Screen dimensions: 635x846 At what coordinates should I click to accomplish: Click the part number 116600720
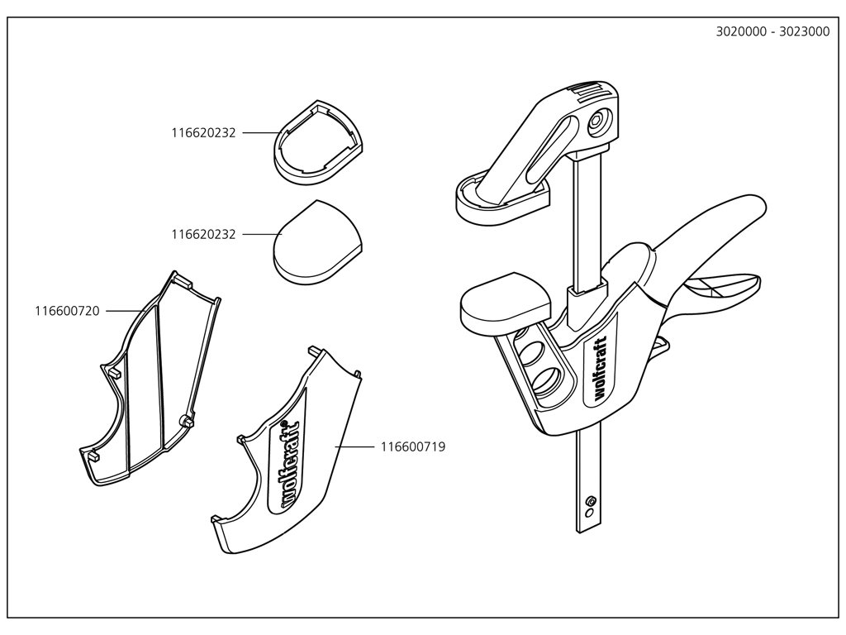tap(67, 311)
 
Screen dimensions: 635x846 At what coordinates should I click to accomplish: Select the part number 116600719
tap(413, 446)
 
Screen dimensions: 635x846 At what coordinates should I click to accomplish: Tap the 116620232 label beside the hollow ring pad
tap(203, 132)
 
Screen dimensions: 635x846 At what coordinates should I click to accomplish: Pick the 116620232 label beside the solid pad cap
tap(203, 235)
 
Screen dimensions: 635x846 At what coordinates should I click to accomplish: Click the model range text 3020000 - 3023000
tap(772, 33)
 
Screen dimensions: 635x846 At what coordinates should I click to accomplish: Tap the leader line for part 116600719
tap(355, 446)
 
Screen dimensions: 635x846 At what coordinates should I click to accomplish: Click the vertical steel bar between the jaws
tap(586, 223)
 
